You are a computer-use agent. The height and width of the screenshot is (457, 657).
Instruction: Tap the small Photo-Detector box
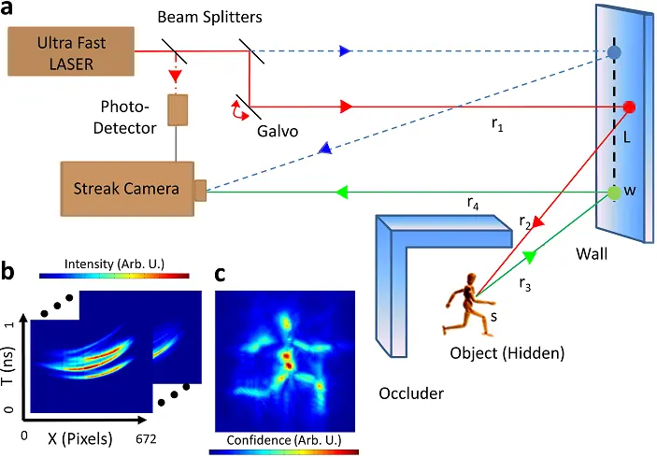[x=177, y=110]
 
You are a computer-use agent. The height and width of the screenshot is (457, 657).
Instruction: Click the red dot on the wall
[x=629, y=107]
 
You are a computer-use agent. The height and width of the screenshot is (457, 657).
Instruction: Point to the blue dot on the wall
[x=614, y=51]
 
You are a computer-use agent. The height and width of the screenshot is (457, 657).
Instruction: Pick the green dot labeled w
[x=614, y=193]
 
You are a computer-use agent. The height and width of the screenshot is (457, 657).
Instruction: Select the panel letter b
[x=10, y=274]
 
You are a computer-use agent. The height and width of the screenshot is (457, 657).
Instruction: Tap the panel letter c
[x=220, y=274]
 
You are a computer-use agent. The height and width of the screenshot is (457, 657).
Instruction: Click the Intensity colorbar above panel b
[x=114, y=278]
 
